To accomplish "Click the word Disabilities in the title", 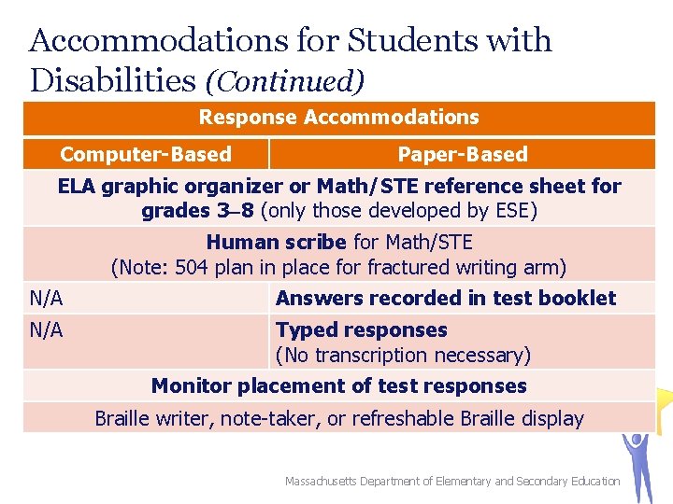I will (112, 80).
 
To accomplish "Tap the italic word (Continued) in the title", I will (284, 82).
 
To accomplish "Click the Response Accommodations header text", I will (338, 118).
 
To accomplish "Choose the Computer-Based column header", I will (146, 154).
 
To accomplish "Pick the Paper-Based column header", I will (463, 154).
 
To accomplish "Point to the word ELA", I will (77, 186).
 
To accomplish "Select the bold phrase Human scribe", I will (276, 243).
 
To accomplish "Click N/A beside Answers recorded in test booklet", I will (46, 299).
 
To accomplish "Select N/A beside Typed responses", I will (46, 330).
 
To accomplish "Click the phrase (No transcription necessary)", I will (403, 356).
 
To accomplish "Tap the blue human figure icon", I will (640, 462).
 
